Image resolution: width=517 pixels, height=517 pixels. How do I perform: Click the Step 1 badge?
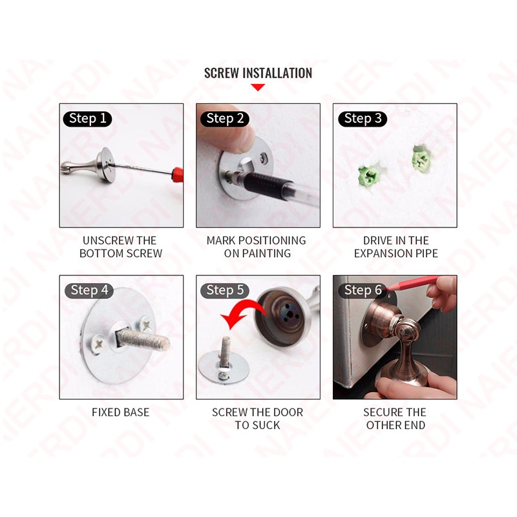(x=87, y=119)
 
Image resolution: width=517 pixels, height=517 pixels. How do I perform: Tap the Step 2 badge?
(x=224, y=119)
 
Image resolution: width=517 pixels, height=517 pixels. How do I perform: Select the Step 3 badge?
(x=363, y=119)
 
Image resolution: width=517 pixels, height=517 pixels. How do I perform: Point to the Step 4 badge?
(x=89, y=290)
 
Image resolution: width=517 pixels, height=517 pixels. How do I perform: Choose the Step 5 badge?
(x=224, y=290)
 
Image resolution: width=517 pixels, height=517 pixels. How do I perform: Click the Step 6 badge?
(x=363, y=290)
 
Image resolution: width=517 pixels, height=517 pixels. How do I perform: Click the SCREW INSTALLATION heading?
(x=258, y=73)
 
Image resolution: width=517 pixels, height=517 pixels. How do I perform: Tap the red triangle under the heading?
(x=258, y=87)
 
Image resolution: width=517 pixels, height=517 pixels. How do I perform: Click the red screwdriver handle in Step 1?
(x=177, y=174)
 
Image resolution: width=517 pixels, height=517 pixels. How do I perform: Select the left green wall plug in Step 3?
(x=368, y=175)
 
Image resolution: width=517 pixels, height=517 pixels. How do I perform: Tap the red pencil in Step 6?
(x=413, y=282)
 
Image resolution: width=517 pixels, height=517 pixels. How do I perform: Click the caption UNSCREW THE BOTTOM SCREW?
(x=120, y=247)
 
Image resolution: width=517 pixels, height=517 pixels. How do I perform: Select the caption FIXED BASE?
(x=120, y=412)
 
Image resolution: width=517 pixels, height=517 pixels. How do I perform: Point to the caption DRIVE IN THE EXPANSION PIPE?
(x=396, y=247)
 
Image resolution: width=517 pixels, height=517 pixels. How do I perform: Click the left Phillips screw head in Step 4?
(x=98, y=344)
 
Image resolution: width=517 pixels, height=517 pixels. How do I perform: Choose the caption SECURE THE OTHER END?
(x=395, y=418)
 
